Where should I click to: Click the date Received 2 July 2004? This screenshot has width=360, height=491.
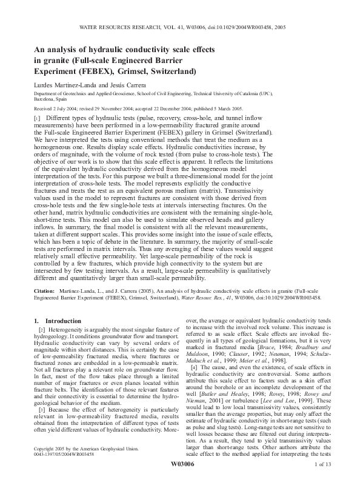pyautogui.click(x=59, y=110)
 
